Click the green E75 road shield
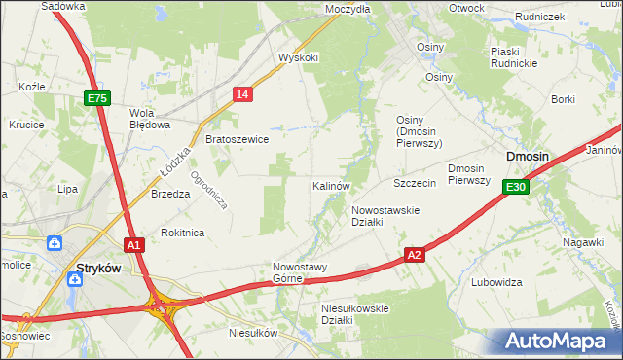point(96,98)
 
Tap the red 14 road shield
point(243,93)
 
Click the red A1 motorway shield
point(134,245)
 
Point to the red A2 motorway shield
point(415,255)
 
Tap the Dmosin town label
point(527,156)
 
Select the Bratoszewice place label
point(237,139)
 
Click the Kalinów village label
point(331,185)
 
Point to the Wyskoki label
point(298,57)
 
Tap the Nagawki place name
point(583,241)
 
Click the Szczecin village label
point(414,183)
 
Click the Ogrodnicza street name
point(209,191)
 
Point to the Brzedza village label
point(170,194)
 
